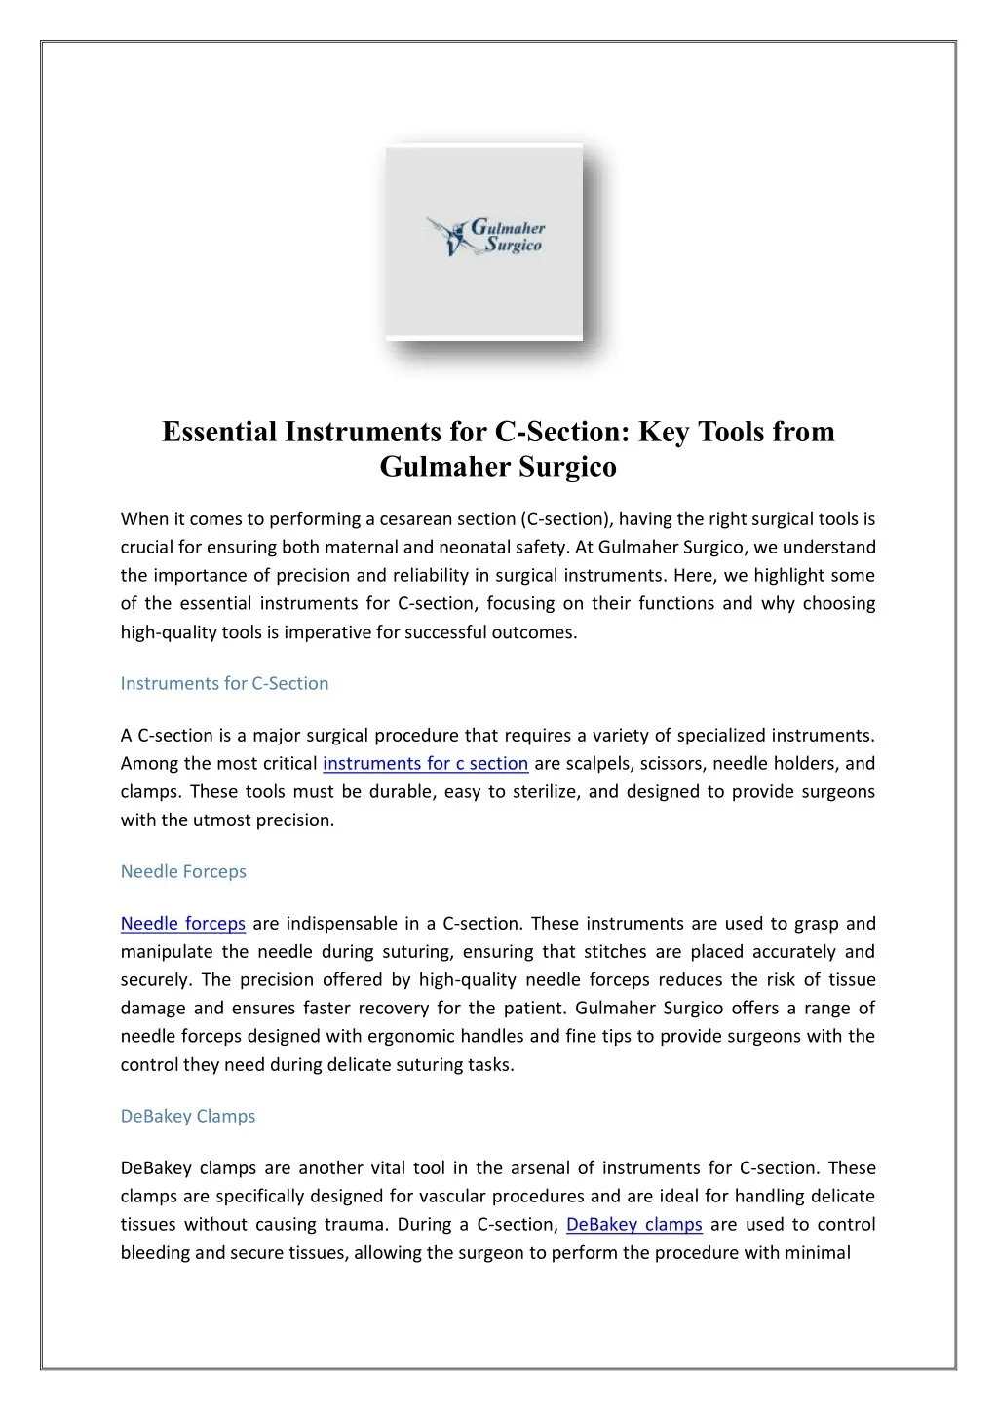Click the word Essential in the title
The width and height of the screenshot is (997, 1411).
click(219, 431)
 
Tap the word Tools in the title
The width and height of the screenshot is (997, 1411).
click(730, 431)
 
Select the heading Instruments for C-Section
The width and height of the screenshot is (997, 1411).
click(224, 683)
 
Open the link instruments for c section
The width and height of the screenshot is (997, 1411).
click(425, 763)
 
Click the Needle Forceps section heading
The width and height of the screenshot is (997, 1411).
click(183, 871)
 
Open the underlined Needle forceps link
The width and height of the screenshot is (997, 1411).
click(182, 923)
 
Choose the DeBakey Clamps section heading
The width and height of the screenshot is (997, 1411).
click(188, 1116)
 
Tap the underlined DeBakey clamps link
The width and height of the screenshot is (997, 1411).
click(633, 1224)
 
